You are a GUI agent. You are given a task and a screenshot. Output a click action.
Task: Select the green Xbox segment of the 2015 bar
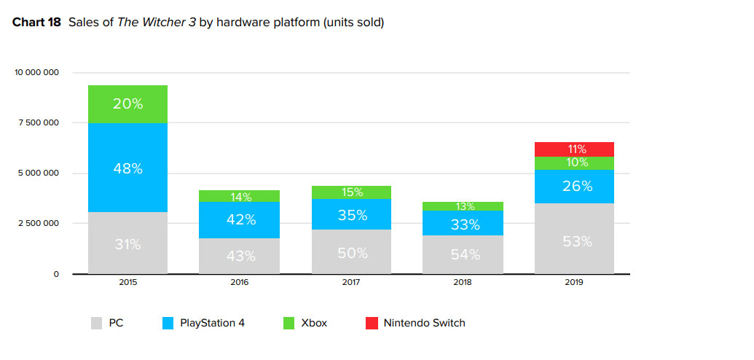pos(128,104)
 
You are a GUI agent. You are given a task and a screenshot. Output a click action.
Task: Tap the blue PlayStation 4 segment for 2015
pos(128,168)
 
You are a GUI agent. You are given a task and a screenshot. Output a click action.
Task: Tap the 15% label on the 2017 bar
pos(352,192)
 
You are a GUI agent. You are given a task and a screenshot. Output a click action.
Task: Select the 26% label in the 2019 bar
pos(577,187)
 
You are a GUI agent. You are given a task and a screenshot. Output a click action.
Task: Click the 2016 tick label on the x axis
pos(240,281)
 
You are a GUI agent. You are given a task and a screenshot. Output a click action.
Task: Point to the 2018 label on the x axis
pos(464,281)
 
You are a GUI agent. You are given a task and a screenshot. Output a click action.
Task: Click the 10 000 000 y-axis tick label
pos(36,73)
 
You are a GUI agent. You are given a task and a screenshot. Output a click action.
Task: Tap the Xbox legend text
pos(313,323)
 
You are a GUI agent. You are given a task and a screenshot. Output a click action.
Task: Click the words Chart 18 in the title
pos(36,23)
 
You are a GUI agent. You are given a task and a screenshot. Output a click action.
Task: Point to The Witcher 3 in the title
pos(144,23)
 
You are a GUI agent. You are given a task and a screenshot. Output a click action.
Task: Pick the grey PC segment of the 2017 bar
pos(352,251)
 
